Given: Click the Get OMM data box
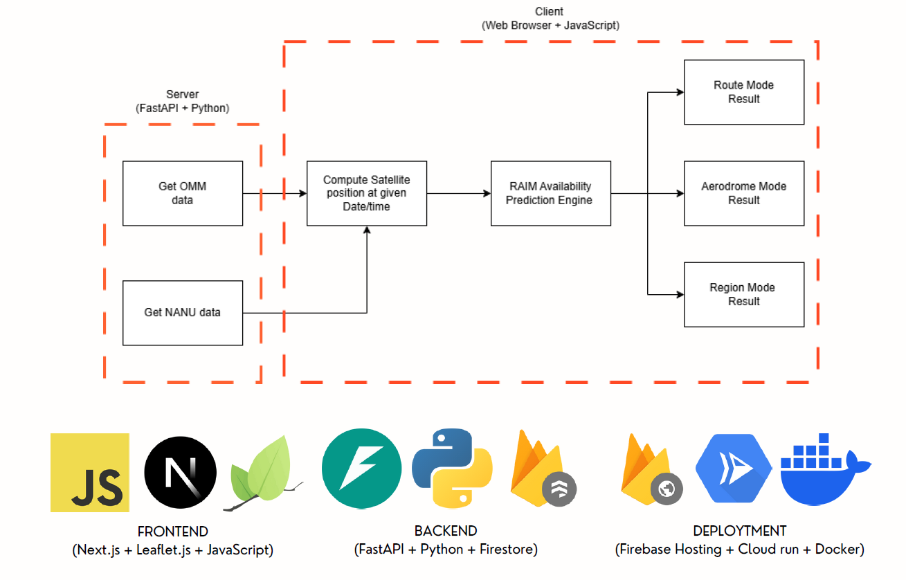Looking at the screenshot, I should pos(183,193).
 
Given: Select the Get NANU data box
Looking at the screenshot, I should pos(183,312).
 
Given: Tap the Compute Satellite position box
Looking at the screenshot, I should pos(366,193).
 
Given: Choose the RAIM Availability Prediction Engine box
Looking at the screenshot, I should pos(550,193).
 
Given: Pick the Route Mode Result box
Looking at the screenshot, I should pos(744,92).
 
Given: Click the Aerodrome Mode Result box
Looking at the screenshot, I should pos(744,193).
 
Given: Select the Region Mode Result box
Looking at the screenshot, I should pos(744,294).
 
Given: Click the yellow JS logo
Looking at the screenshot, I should pos(90,473).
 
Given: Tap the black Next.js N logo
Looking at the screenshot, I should pos(180,473).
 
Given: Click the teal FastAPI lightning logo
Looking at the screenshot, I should pos(361,468).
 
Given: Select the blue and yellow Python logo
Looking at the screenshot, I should pos(452,469).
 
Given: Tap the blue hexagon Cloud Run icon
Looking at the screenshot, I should pos(733,469).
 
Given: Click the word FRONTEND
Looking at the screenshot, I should pos(172,532).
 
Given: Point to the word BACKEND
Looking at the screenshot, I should pos(446,532).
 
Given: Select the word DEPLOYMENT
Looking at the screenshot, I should pos(739,532).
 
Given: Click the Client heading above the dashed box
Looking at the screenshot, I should pos(550,12).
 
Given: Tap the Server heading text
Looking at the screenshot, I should pos(182,94).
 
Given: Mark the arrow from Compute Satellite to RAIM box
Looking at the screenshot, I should pos(458,194).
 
